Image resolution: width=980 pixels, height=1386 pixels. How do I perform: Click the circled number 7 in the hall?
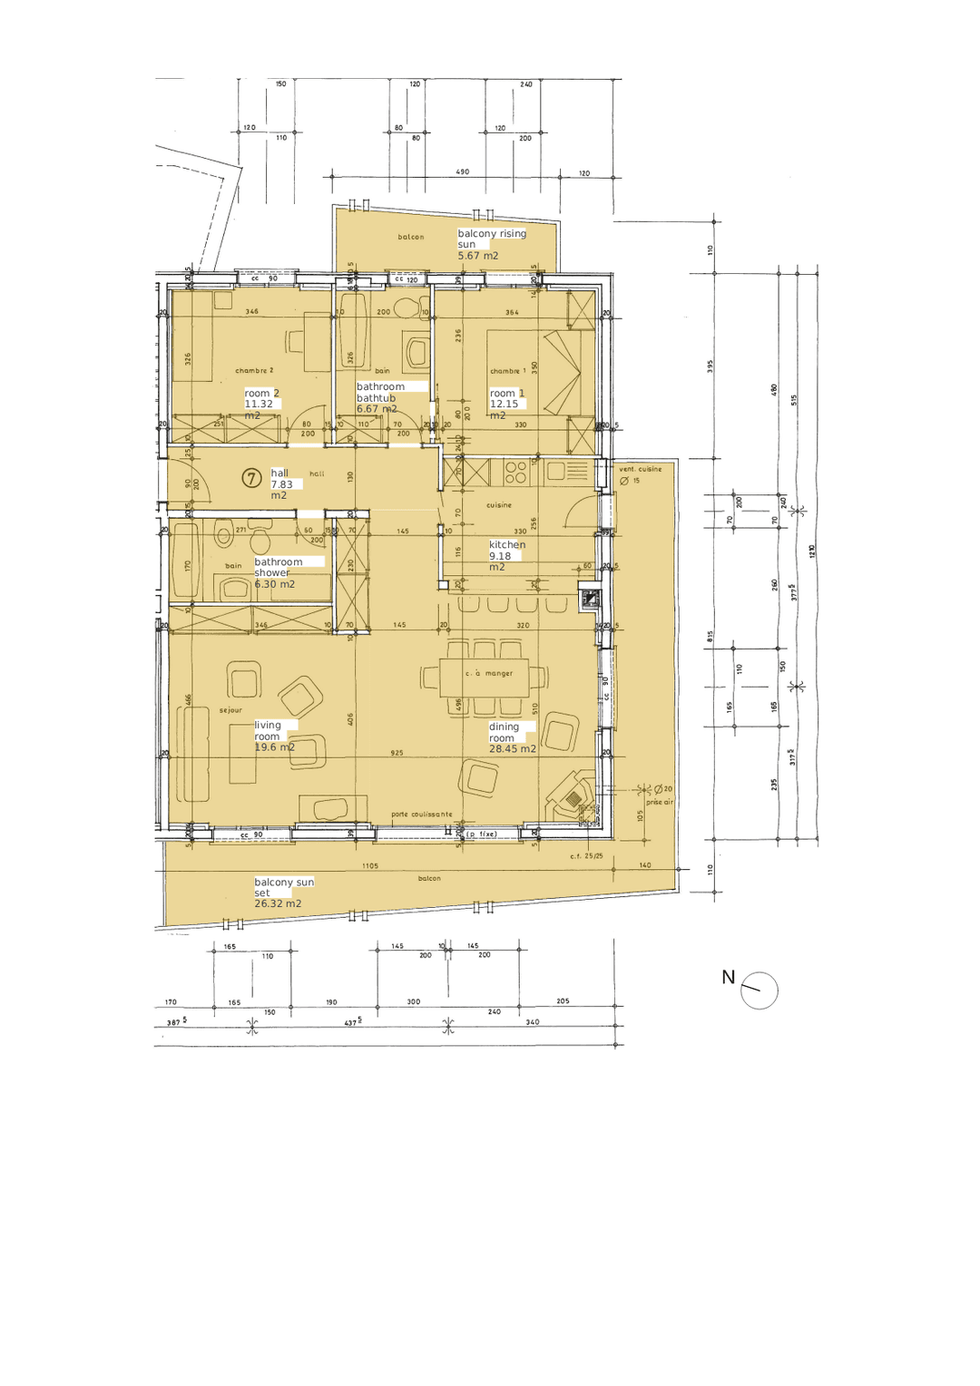tap(251, 478)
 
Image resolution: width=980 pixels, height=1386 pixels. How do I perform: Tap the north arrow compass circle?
tap(759, 991)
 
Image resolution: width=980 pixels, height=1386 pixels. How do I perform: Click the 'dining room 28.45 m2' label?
tap(511, 737)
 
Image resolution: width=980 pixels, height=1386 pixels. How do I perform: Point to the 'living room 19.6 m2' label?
tap(274, 737)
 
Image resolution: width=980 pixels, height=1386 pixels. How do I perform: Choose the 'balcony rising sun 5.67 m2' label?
tap(490, 244)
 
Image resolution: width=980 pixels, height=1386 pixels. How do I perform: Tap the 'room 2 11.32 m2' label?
tap(261, 405)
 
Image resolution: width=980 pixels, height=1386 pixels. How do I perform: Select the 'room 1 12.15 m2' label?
tap(506, 405)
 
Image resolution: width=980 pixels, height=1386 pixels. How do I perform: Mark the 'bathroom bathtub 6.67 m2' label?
tap(380, 397)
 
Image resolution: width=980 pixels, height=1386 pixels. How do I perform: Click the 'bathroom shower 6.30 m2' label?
tap(279, 573)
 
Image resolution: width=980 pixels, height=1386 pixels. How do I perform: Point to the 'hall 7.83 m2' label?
tap(282, 484)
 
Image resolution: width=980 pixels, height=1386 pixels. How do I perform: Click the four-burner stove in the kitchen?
tap(515, 473)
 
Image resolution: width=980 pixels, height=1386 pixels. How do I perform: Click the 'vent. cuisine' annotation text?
tap(640, 469)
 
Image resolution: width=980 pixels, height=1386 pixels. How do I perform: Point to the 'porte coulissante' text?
tap(421, 815)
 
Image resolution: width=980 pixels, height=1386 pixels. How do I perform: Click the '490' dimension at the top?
tap(462, 171)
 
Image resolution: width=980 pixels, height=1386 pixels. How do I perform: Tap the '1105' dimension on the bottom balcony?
tap(370, 866)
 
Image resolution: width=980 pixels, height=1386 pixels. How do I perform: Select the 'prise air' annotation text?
tap(660, 802)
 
